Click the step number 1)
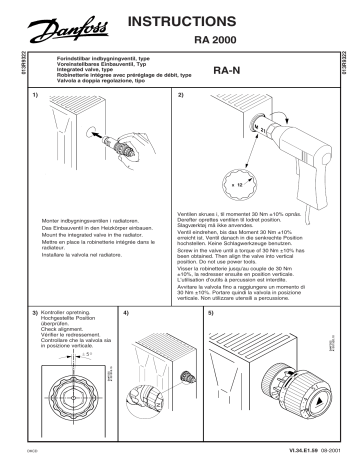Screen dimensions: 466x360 point(37,95)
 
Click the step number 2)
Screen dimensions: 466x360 point(181,95)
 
